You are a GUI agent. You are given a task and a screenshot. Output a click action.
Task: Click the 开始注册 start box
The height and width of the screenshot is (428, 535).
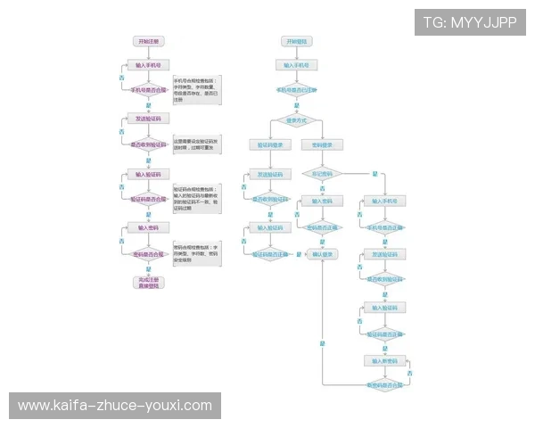149,42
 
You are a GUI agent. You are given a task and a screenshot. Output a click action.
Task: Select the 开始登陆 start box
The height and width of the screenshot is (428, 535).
296,42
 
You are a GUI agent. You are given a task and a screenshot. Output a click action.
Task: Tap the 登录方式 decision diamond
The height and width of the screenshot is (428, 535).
296,119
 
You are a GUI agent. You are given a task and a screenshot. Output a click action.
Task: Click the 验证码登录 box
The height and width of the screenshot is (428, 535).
270,144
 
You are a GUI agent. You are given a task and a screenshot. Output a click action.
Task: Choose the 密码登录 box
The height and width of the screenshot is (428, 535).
323,144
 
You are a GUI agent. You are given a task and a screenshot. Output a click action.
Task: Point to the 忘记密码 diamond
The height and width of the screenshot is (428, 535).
323,173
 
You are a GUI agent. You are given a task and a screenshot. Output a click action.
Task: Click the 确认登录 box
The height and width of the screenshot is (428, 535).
323,255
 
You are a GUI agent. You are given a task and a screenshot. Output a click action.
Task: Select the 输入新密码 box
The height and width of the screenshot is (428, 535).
385,361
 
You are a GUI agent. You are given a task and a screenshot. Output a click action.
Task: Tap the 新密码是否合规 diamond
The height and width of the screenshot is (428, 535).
385,384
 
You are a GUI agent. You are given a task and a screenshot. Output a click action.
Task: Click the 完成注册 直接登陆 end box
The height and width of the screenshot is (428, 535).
149,282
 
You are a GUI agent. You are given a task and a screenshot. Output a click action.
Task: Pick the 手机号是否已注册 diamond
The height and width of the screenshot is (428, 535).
296,90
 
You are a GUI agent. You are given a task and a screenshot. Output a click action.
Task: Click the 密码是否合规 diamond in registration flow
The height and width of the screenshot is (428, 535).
149,255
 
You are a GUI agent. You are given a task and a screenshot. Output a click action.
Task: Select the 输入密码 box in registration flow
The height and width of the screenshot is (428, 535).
149,228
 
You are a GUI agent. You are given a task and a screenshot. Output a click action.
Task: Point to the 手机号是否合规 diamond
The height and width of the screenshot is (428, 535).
149,90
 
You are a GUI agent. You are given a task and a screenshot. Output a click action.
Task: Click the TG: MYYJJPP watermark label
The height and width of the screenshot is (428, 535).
470,22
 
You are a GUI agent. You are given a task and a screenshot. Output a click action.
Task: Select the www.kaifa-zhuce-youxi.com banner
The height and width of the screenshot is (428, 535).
115,406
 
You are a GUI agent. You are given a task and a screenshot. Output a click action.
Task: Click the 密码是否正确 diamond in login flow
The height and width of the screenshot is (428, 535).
323,228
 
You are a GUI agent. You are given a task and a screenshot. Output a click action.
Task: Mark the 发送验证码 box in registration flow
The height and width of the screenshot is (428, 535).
149,119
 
